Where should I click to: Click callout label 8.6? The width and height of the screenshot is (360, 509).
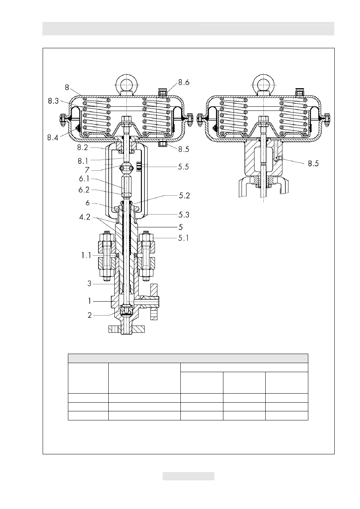point(184,82)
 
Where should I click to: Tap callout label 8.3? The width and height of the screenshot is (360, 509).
point(53,101)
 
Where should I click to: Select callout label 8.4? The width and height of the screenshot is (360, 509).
point(53,138)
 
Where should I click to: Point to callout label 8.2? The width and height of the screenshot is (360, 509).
point(82,147)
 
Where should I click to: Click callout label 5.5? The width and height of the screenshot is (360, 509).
point(183,167)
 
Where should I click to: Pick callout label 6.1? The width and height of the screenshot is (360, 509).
point(84,179)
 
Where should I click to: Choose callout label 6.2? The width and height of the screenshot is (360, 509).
point(84,190)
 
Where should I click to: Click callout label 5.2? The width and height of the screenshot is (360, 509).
point(184,196)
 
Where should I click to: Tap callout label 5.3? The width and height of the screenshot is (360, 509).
point(184,215)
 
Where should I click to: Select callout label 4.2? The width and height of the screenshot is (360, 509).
point(85,217)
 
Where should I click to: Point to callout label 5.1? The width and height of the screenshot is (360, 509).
point(183,238)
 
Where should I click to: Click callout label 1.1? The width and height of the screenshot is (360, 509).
point(86,256)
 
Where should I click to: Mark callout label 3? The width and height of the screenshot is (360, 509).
point(89,284)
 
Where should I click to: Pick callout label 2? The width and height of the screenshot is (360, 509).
point(89,315)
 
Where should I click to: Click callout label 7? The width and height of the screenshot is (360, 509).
point(87,170)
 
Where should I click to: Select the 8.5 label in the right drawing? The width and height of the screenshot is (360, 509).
point(313,163)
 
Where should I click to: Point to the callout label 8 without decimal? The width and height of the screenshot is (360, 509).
point(67,87)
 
